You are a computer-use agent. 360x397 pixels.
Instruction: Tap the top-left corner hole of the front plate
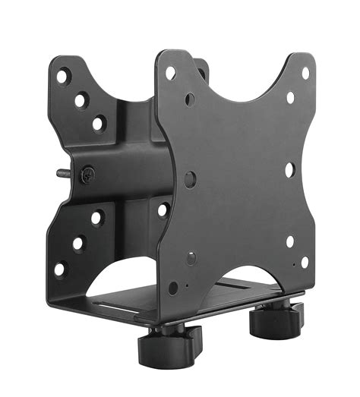tap(170, 73)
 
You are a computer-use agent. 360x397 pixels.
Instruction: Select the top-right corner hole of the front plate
tap(305, 73)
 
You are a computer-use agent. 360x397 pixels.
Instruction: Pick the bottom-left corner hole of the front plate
tap(173, 288)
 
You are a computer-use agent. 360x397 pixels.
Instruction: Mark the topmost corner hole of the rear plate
tap(62, 77)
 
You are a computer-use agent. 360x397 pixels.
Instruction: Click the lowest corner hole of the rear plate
tap(59, 268)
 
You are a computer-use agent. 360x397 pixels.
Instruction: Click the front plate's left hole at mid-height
tap(190, 180)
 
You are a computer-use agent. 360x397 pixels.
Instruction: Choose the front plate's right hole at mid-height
tap(289, 169)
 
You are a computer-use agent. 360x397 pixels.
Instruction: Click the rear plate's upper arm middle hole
tap(80, 99)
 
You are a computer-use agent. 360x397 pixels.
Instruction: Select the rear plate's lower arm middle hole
tap(77, 244)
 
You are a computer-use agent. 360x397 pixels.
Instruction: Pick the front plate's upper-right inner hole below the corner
tap(289, 98)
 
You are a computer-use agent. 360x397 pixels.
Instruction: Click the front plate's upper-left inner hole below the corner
tap(189, 99)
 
